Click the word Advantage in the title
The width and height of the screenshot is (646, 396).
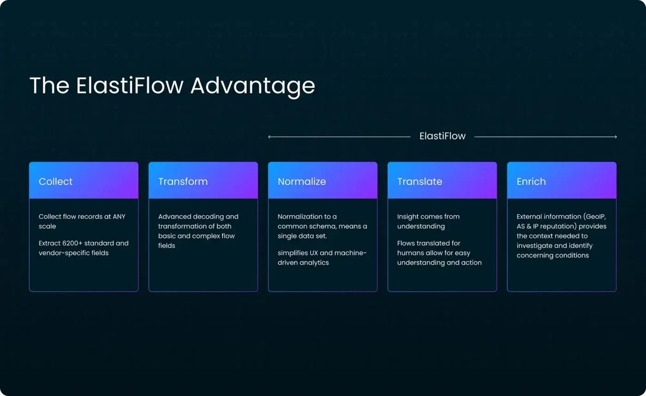pyautogui.click(x=252, y=86)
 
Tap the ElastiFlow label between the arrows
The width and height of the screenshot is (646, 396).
pyautogui.click(x=442, y=136)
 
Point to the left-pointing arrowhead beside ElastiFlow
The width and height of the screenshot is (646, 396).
pyautogui.click(x=269, y=137)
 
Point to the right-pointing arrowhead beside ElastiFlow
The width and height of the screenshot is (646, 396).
pyautogui.click(x=615, y=137)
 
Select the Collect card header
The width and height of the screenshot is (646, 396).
pyautogui.click(x=84, y=181)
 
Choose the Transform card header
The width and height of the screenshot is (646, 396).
pyautogui.click(x=203, y=181)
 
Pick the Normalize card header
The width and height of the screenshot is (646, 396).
pyautogui.click(x=323, y=181)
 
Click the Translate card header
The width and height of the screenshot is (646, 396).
pyautogui.click(x=442, y=181)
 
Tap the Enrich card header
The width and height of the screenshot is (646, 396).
pyautogui.click(x=562, y=181)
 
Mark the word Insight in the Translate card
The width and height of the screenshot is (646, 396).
pyautogui.click(x=407, y=216)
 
